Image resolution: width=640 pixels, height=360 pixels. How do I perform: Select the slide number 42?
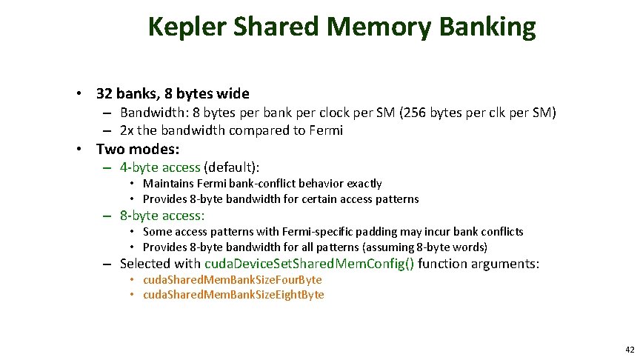coord(630,349)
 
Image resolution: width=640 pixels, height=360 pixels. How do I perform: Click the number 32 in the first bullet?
coord(104,94)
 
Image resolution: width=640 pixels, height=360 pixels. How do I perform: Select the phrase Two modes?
coord(138,149)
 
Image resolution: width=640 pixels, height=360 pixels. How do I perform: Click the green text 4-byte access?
coord(160,167)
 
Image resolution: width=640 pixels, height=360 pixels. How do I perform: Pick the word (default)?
coord(236,167)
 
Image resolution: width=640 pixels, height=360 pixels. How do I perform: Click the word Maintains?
coord(168,184)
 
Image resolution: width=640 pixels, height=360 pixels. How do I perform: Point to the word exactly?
coord(361,184)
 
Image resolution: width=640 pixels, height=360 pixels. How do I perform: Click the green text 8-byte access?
coord(161,216)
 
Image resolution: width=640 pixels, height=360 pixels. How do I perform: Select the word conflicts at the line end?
coord(501,232)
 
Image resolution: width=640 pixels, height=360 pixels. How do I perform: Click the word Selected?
coord(144,264)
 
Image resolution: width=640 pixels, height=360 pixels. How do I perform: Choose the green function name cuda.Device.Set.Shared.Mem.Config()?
coord(310,264)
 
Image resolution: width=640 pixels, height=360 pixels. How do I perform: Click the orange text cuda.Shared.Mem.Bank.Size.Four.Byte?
coord(232,280)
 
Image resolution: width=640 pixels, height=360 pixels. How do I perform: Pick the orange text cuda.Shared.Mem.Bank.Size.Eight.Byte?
coord(233,295)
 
